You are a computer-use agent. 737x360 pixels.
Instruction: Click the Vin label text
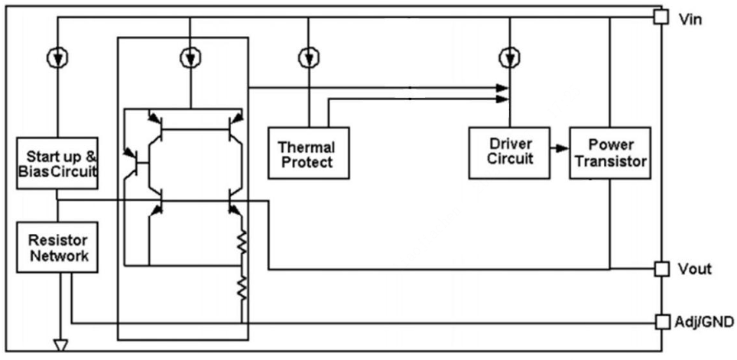(691, 19)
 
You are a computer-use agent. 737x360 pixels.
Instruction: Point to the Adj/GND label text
(704, 323)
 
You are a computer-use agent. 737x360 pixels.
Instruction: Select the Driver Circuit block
(509, 152)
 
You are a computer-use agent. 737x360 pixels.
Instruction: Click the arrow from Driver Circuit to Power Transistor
(559, 149)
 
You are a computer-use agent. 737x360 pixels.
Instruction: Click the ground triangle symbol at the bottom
(58, 342)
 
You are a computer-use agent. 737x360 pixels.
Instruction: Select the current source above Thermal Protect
(308, 57)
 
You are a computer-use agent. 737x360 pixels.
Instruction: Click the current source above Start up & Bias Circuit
(58, 57)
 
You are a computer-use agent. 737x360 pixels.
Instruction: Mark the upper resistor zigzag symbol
(242, 242)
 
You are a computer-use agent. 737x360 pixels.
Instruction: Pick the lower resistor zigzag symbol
(242, 288)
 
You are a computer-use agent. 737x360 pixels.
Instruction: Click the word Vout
(695, 269)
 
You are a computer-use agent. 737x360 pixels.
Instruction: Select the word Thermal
(307, 145)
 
